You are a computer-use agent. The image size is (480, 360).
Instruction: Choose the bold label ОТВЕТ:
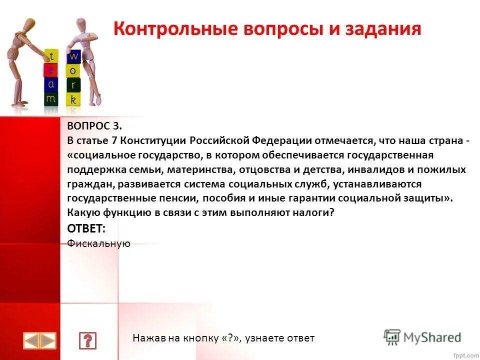[86, 228]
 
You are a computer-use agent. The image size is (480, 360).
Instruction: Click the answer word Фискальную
[98, 243]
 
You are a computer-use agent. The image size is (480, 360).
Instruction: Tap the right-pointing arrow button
[48, 341]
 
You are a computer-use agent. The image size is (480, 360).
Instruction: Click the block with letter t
[51, 55]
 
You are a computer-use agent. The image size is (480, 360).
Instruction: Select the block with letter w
[73, 55]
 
